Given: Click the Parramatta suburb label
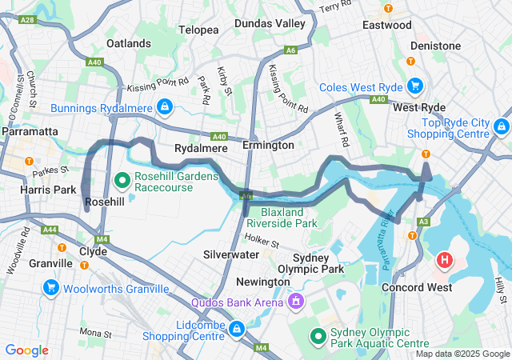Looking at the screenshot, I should pos(29,130).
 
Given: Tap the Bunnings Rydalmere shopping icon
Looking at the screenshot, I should pos(164,106).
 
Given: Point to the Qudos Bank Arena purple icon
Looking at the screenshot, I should pos(296,302).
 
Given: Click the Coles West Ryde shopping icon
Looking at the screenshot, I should pos(415,86).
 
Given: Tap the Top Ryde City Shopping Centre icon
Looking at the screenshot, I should pos(501,126).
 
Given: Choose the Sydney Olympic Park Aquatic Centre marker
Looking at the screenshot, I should pos(318,336).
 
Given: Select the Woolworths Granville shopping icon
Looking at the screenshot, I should pos(51,286).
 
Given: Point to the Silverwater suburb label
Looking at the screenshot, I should pos(230,254).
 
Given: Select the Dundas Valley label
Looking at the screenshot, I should pos(270,24).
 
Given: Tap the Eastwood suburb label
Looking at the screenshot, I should pos(386,25).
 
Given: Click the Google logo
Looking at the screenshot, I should pos(26,350).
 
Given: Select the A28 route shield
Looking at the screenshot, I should pos(26,19).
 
